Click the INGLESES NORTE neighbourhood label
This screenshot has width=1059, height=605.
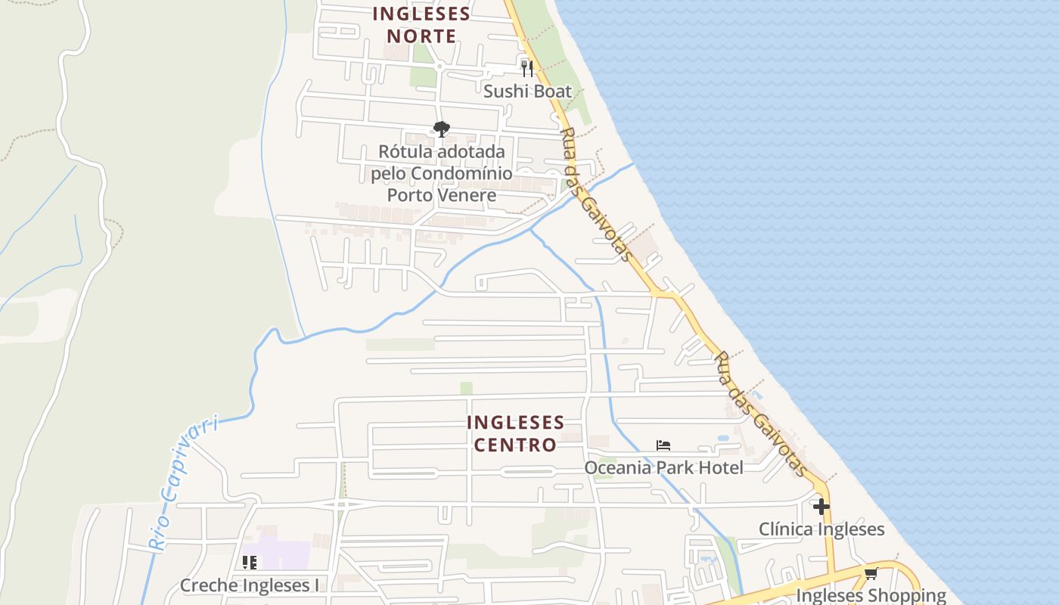421,25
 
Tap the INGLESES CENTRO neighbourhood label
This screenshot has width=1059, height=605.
515,433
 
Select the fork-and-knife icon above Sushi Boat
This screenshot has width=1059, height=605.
527,69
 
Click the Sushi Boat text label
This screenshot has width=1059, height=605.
528,92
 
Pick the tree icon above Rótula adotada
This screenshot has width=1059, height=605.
442,129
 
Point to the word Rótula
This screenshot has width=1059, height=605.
405,151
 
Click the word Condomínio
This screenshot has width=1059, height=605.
461,173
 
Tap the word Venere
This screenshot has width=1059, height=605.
470,195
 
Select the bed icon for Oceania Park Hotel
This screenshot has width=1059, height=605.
663,445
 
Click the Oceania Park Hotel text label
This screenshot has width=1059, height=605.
663,467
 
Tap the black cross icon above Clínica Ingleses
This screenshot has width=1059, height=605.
821,506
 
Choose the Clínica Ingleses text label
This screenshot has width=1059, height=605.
821,529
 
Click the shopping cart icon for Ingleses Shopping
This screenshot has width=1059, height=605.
871,573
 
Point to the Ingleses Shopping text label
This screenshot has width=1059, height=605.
871,595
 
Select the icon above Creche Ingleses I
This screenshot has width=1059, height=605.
249,563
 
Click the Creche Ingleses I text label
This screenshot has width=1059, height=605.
249,585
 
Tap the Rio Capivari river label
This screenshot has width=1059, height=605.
181,482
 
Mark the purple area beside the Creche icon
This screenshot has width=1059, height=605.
284,555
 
